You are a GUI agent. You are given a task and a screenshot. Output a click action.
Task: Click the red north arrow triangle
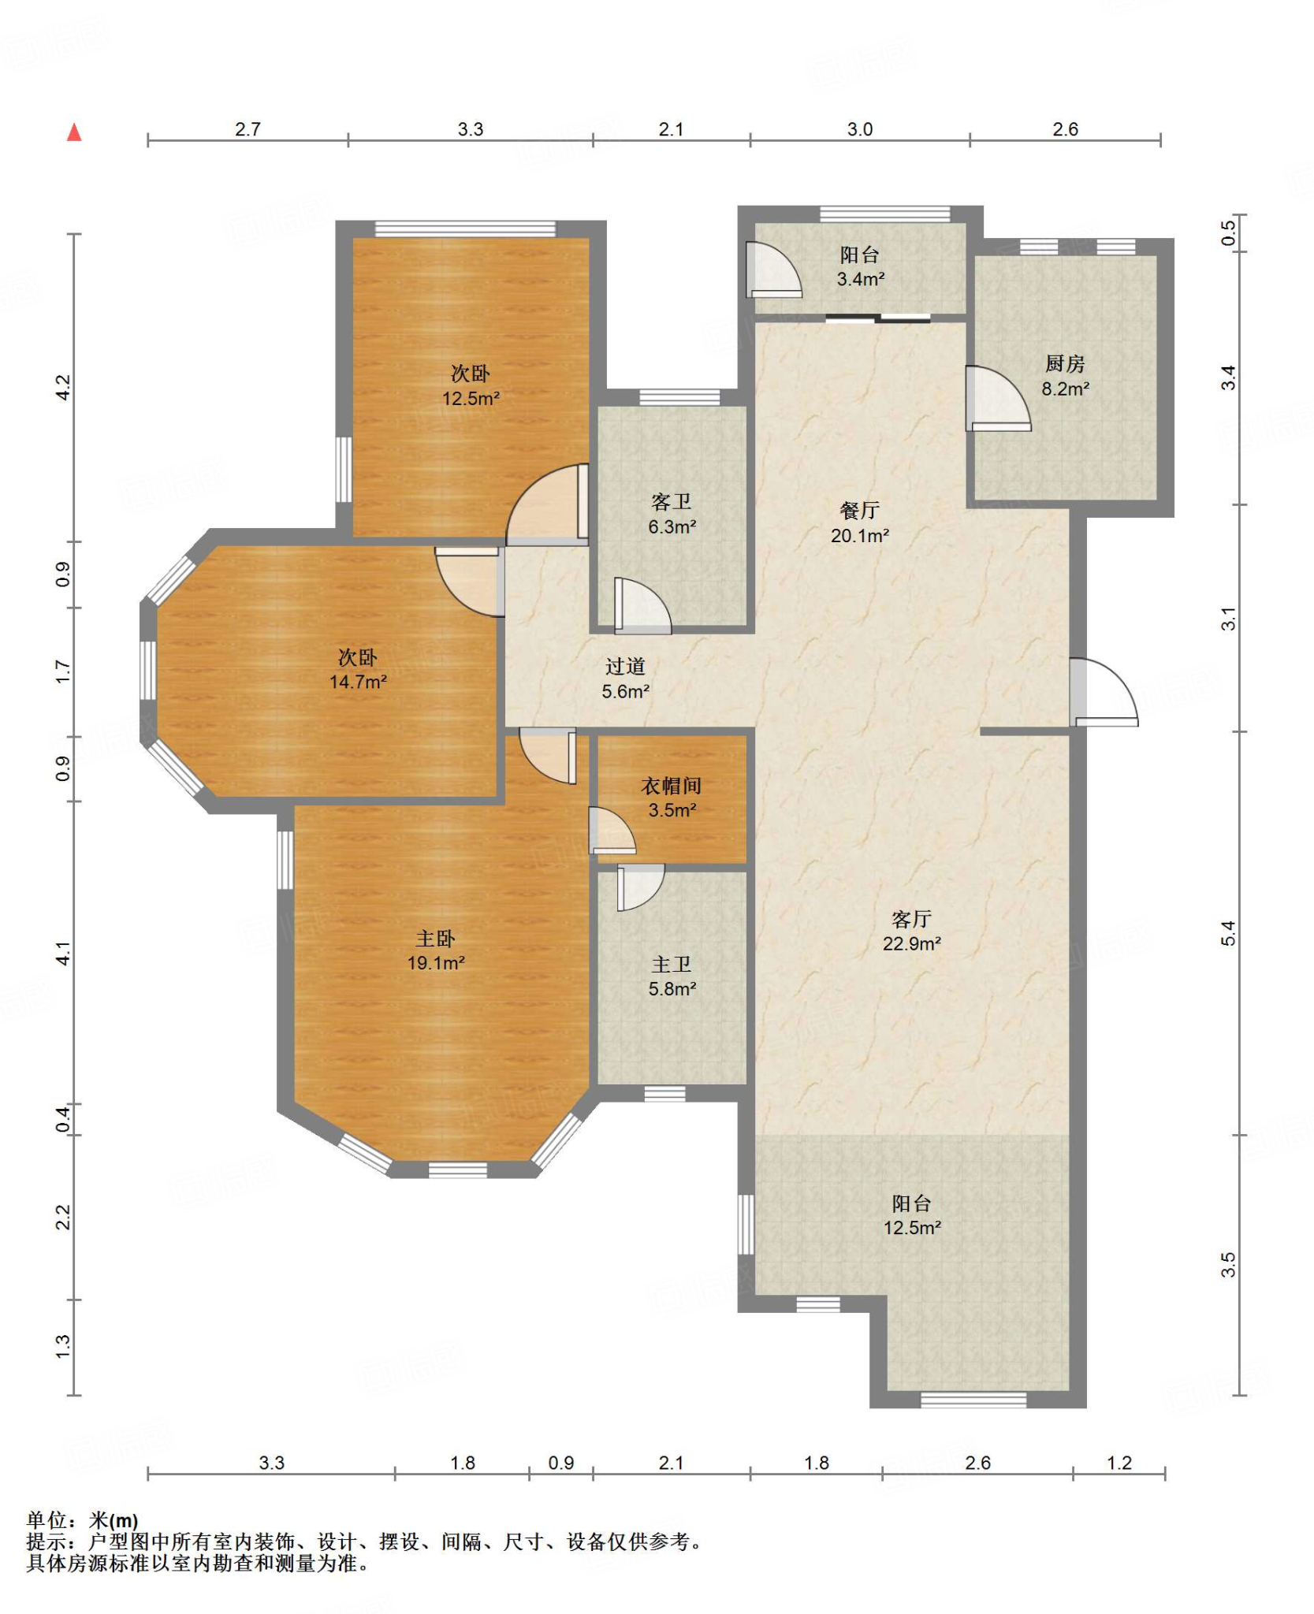coord(74,132)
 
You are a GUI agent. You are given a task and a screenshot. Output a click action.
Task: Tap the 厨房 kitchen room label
coord(1065,363)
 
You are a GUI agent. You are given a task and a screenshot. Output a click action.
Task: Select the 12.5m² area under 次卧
coord(471,399)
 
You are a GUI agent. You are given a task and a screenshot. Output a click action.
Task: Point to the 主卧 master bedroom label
coord(435,939)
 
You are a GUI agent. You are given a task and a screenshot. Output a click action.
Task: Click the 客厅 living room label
coord(911,919)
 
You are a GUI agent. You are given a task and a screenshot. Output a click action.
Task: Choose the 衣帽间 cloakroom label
coord(671,786)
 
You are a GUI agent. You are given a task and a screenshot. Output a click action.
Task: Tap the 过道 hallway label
coord(625,667)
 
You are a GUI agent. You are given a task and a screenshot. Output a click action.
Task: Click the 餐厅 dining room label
coord(859,511)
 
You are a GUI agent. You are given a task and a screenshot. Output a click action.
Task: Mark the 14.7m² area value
coord(358,682)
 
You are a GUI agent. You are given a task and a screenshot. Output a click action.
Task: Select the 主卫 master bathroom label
coord(671,965)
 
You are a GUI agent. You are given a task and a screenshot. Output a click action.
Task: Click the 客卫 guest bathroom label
coord(671,502)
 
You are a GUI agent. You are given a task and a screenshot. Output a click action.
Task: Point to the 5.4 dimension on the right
coord(1228,933)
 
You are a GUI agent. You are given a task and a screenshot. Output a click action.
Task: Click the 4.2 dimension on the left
coord(63,387)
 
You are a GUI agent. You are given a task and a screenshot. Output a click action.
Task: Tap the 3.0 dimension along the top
coord(859,129)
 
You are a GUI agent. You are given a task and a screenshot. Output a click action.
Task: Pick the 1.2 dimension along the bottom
coord(1119,1463)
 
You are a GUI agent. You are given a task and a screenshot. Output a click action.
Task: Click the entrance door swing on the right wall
coord(1104,691)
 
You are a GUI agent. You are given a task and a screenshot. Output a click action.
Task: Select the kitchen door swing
coord(998,399)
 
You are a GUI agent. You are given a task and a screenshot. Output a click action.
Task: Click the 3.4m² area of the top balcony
coord(860,279)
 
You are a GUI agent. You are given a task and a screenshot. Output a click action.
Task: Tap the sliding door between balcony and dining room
coord(878,319)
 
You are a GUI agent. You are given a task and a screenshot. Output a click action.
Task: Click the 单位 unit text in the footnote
coord(47,1520)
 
